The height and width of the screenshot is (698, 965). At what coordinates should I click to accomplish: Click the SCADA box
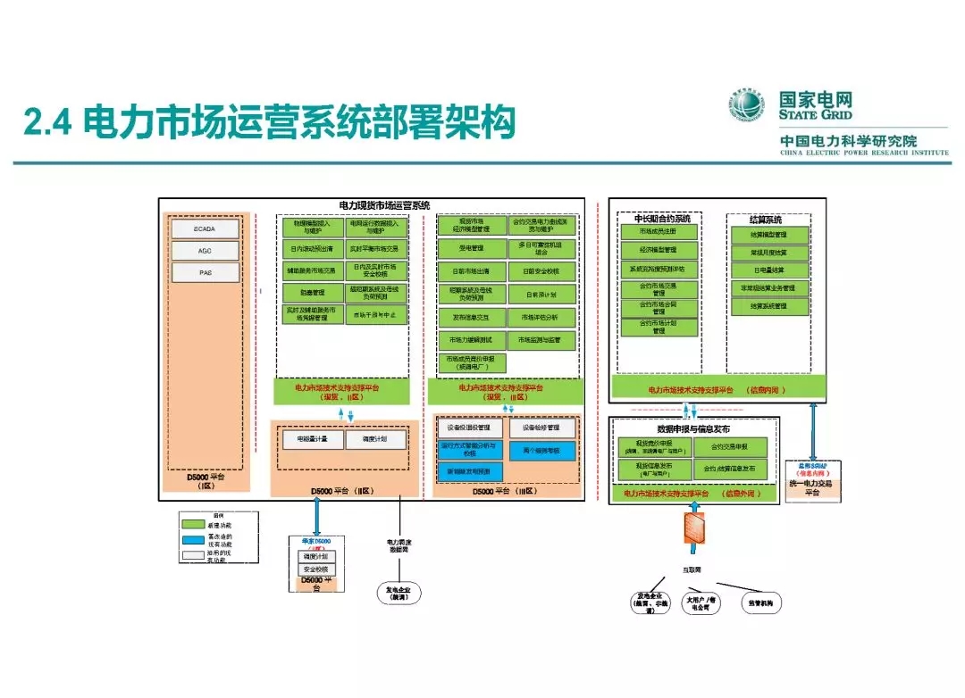(x=206, y=229)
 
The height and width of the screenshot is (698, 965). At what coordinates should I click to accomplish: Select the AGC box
(x=206, y=251)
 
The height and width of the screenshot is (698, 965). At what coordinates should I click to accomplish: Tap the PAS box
(x=206, y=272)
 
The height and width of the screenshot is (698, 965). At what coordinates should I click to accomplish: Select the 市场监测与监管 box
(x=541, y=340)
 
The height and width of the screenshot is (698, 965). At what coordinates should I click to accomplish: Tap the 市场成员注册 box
(x=659, y=231)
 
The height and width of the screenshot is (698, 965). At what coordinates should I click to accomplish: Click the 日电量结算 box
(x=768, y=270)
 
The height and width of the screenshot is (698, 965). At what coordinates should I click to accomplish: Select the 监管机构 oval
(x=760, y=604)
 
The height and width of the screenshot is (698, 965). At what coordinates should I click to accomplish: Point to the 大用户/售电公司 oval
(x=704, y=603)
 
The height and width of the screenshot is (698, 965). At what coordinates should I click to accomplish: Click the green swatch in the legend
(x=193, y=524)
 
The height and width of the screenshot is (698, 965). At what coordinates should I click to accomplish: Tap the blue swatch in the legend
(x=193, y=539)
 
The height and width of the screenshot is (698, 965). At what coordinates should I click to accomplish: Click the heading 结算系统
(x=767, y=219)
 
